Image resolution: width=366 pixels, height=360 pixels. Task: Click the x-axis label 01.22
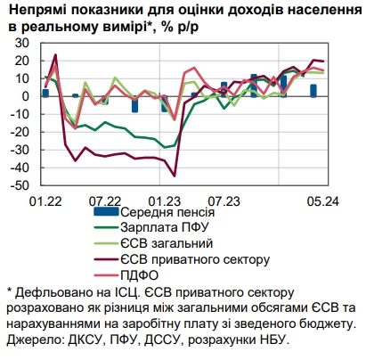click(46, 202)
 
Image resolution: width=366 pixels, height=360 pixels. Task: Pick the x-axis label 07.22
click(105, 202)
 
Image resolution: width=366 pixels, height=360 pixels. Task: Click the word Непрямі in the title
click(37, 9)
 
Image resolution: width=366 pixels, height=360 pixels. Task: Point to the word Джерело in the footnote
click(32, 340)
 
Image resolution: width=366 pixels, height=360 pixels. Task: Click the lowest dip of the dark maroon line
click(175, 176)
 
